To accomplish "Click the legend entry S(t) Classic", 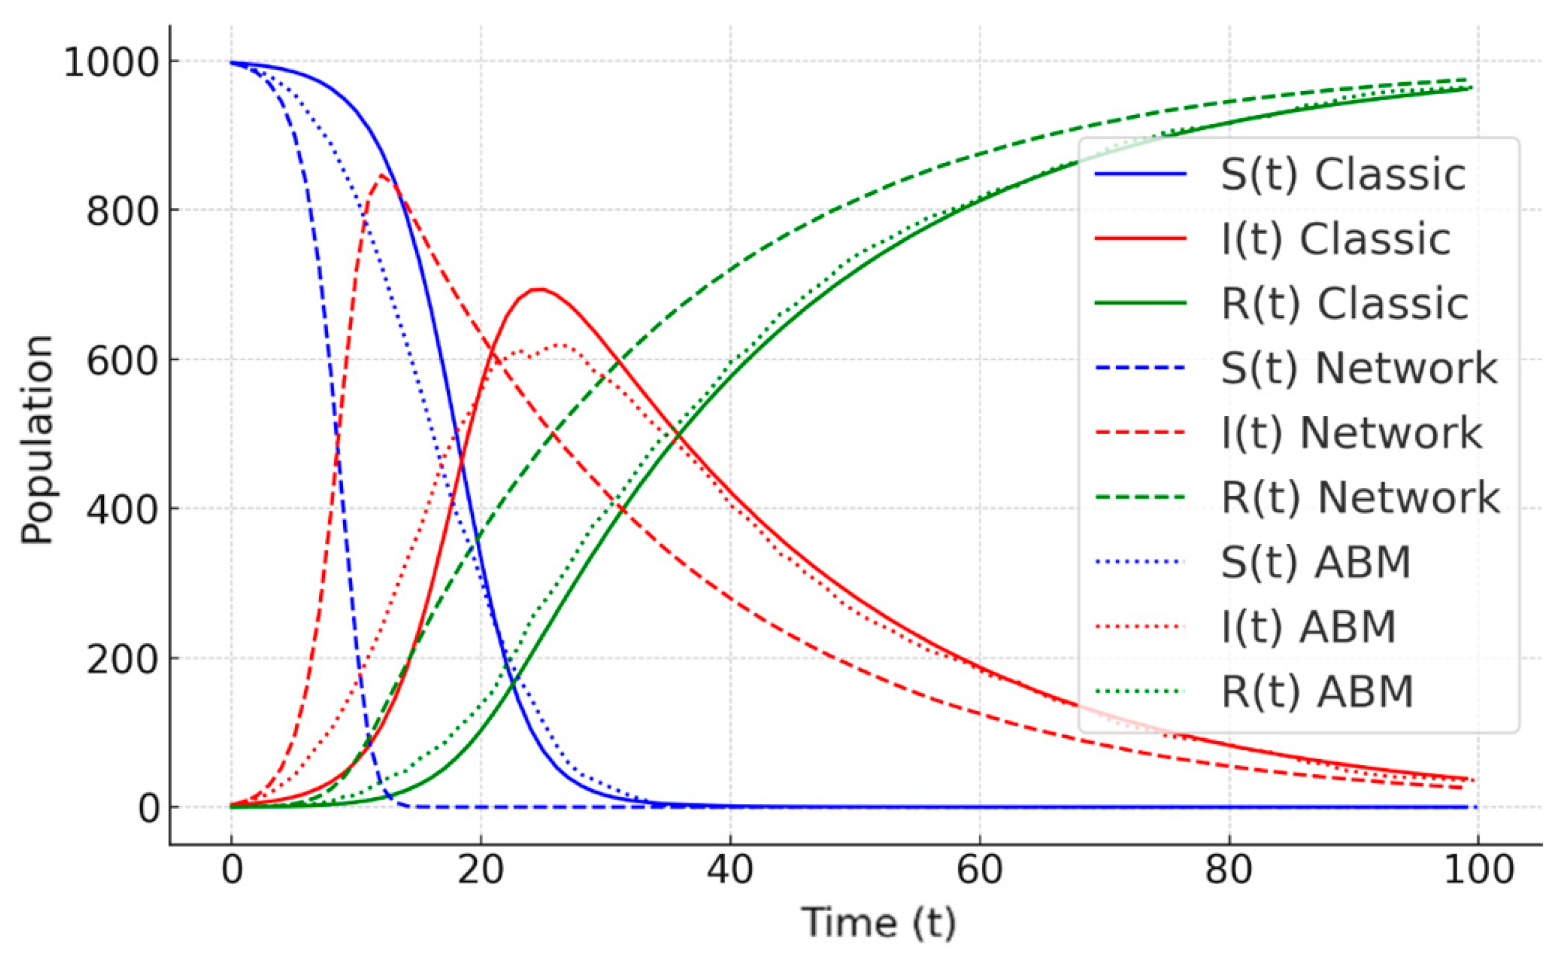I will click(x=1342, y=175).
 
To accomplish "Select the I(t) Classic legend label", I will click(x=1335, y=239).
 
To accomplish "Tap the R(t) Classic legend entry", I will click(x=1343, y=305).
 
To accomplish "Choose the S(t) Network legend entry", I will click(x=1358, y=369).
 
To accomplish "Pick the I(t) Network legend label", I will click(x=1350, y=434).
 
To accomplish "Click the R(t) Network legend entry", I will click(x=1359, y=498).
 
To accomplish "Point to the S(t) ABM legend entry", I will click(x=1315, y=563).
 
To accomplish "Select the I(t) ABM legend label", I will click(x=1308, y=628).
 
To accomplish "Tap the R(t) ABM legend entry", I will click(x=1316, y=692).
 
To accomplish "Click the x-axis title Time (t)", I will click(x=878, y=922).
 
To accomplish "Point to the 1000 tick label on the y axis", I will click(x=111, y=63).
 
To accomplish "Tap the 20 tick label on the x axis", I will click(x=481, y=870).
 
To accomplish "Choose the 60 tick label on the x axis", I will click(x=980, y=870).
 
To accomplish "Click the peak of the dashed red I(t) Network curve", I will click(x=381, y=175).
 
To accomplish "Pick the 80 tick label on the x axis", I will click(x=1229, y=870).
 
